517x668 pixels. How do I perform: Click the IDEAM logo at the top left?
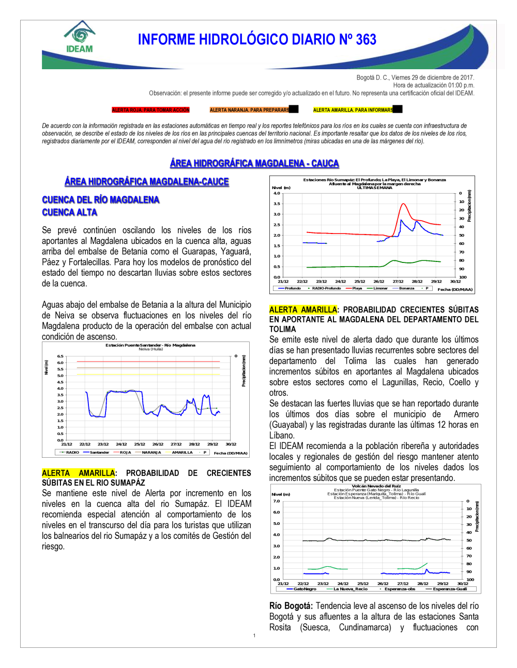click(x=80, y=37)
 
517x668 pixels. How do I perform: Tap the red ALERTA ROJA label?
click(x=151, y=110)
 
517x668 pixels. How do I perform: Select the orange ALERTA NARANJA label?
click(x=250, y=110)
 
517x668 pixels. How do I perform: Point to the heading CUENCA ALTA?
click(x=70, y=212)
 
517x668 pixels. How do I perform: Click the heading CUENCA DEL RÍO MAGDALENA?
click(x=101, y=200)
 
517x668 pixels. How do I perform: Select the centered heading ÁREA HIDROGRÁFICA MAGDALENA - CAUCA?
click(x=254, y=163)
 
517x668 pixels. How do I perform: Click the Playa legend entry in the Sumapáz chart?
click(x=357, y=288)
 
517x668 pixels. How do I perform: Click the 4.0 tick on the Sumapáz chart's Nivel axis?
click(x=277, y=193)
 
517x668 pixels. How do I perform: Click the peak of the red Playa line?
click(x=403, y=204)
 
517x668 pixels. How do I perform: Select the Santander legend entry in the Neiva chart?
click(x=99, y=453)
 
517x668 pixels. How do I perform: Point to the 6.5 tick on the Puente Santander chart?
click(x=60, y=356)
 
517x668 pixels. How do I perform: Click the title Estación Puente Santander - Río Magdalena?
click(x=150, y=345)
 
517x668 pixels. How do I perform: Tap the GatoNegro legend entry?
click(x=304, y=589)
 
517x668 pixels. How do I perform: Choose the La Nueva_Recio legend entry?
click(x=350, y=589)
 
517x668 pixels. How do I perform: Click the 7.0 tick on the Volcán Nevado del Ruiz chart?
click(x=277, y=501)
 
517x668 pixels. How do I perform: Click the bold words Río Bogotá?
click(x=291, y=606)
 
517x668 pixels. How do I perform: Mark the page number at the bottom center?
click(x=254, y=635)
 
